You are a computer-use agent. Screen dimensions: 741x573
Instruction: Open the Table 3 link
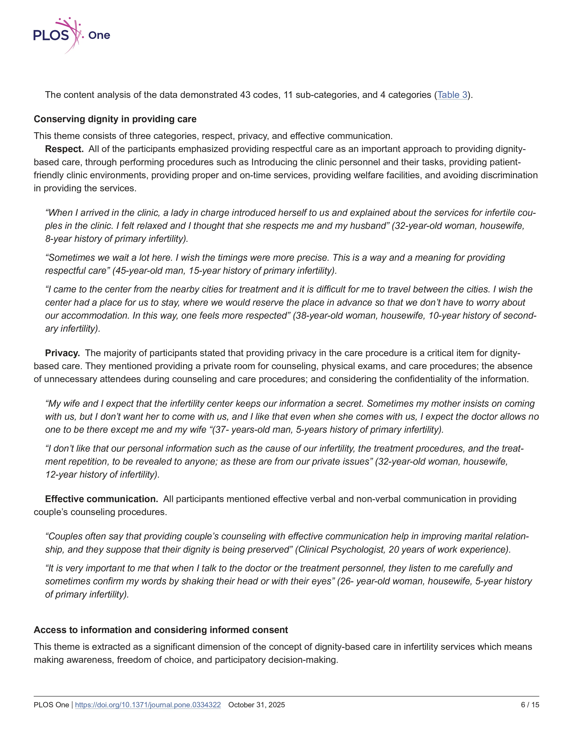[452, 95]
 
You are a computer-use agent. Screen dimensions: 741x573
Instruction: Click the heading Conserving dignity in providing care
[115, 119]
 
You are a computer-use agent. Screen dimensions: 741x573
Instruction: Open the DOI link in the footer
[148, 705]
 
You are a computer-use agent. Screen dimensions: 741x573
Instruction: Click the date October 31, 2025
[257, 705]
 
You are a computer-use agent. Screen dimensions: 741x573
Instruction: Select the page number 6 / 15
[530, 705]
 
